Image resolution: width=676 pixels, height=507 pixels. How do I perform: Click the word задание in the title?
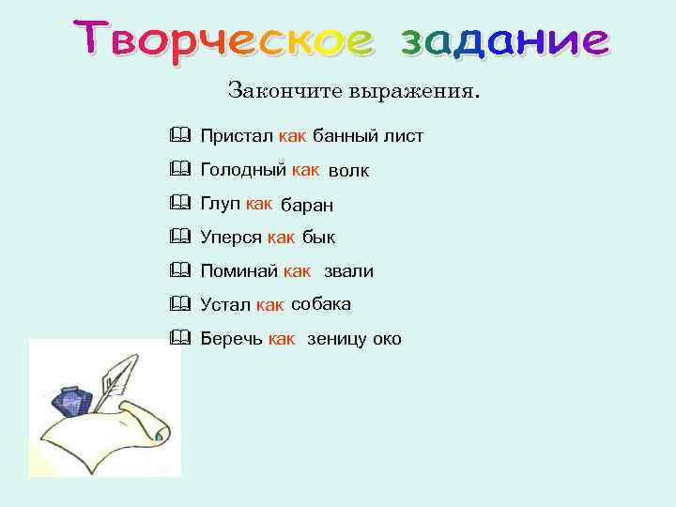[505, 41]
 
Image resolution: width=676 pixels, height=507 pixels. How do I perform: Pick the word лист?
[403, 137]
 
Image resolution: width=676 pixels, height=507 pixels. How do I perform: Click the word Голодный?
[243, 171]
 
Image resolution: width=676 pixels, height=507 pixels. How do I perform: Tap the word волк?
[348, 172]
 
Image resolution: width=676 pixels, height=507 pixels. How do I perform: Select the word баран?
[307, 206]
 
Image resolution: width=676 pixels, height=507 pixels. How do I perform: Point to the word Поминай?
[239, 272]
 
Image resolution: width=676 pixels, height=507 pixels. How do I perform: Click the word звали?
[348, 272]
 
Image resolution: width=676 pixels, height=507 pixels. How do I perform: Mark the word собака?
[321, 304]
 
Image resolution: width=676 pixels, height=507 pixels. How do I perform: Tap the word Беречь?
[231, 339]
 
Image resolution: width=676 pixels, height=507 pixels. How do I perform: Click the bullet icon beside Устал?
[180, 304]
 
